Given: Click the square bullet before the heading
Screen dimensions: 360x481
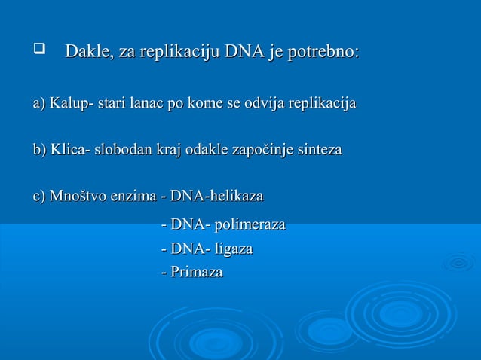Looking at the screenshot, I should tap(35, 52).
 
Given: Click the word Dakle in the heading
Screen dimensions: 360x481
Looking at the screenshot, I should tap(86, 53).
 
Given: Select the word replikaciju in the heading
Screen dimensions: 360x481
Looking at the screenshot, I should tap(174, 53).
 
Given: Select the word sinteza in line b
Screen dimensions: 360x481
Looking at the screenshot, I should tap(317, 150).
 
